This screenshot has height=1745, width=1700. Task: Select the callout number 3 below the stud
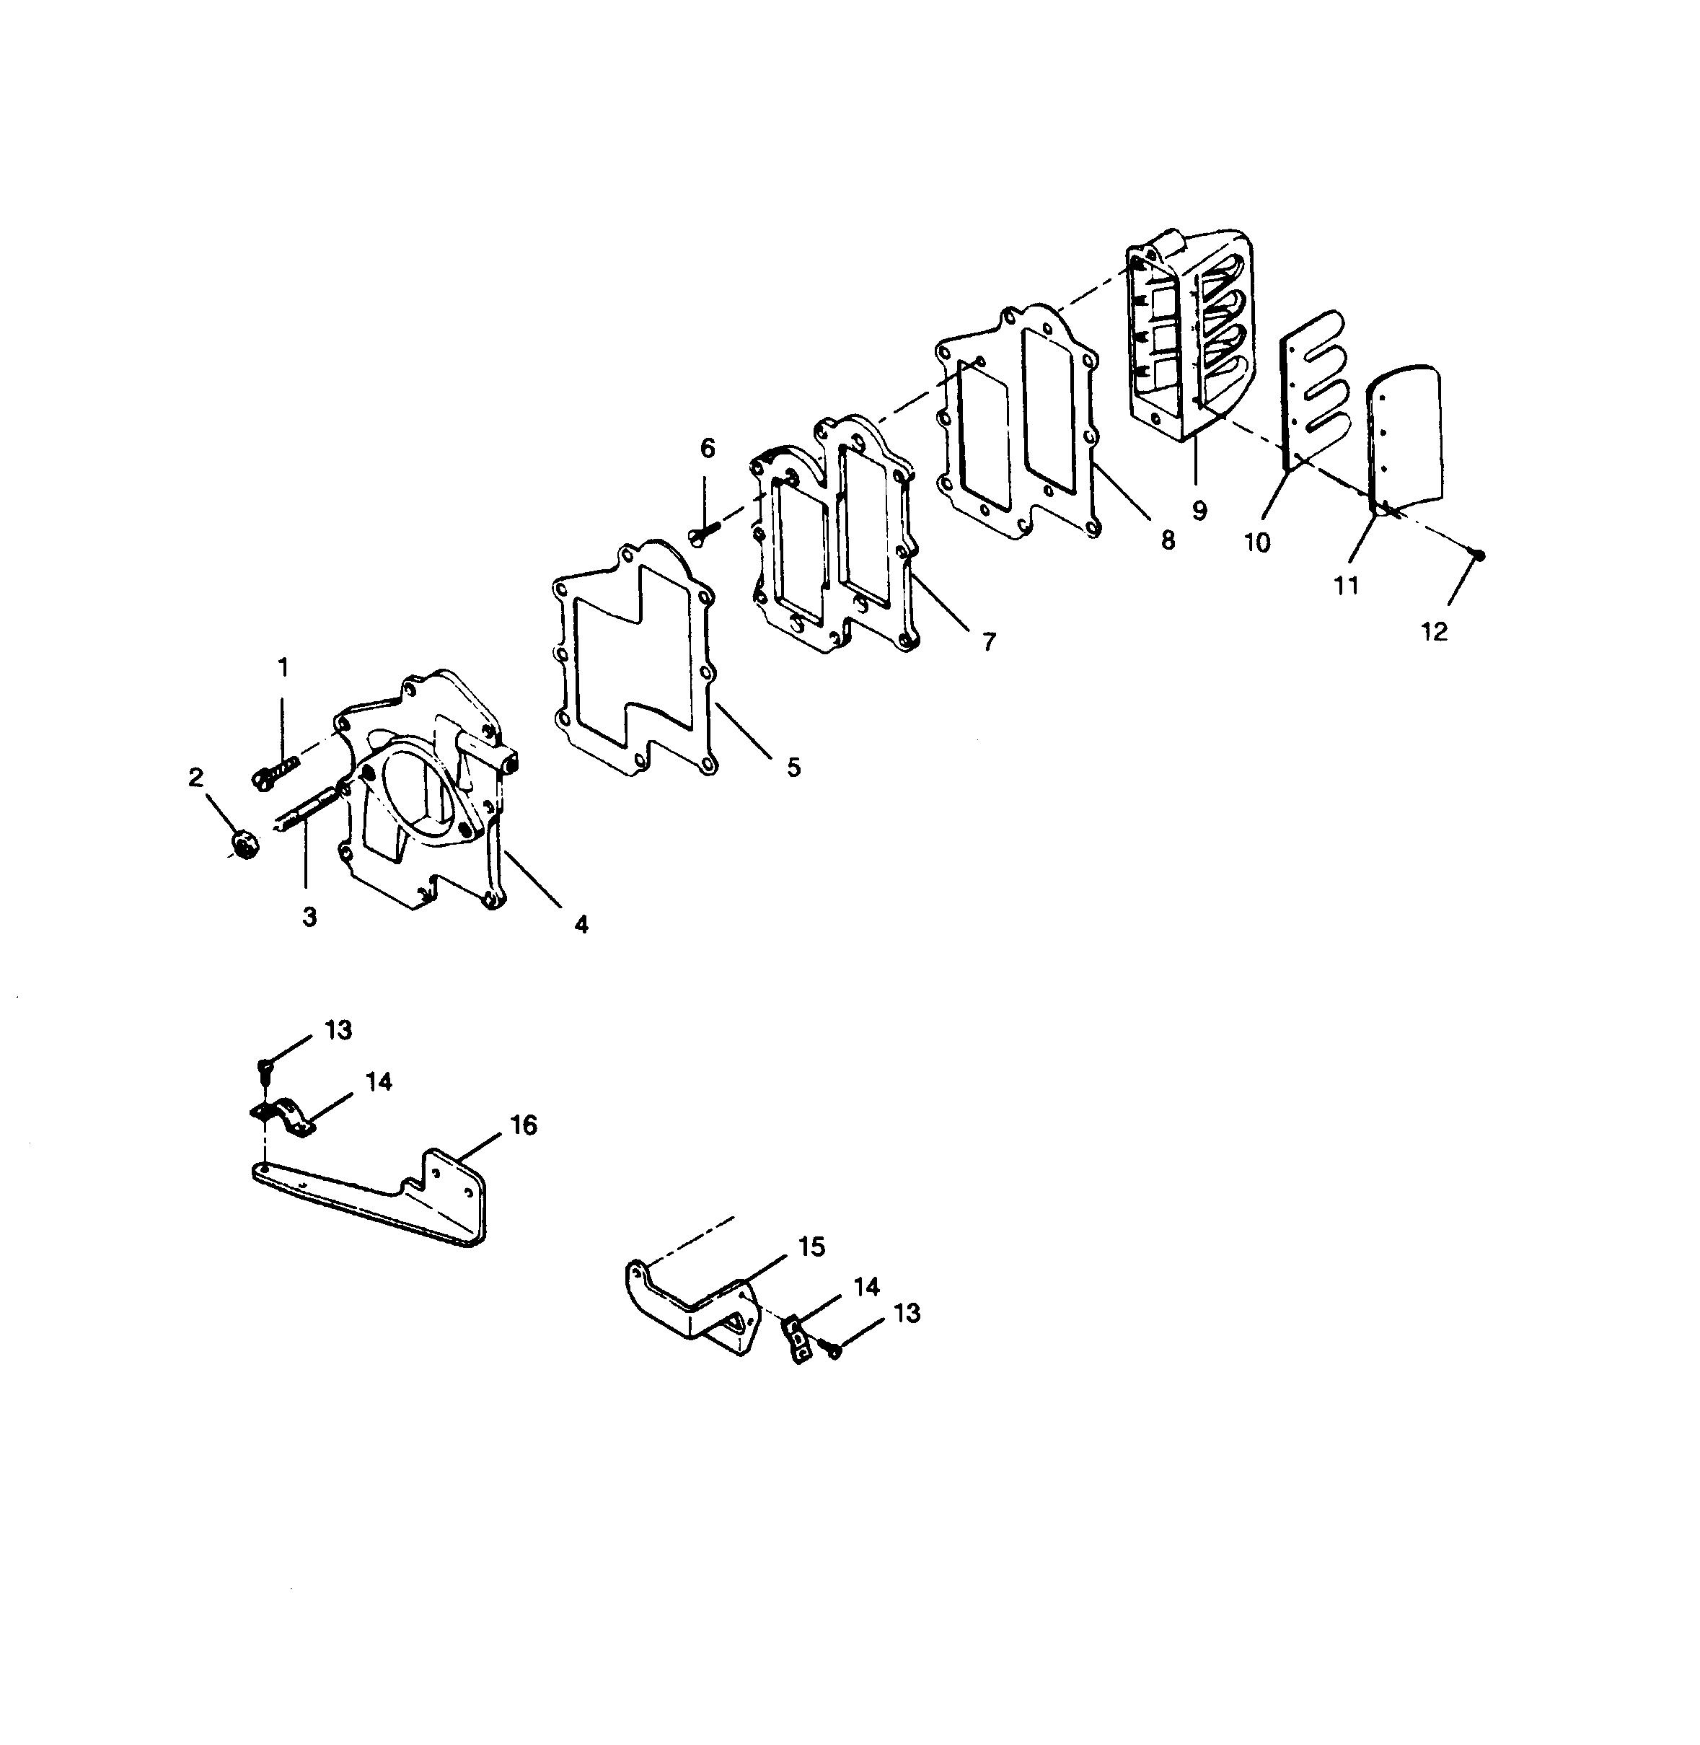[309, 916]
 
